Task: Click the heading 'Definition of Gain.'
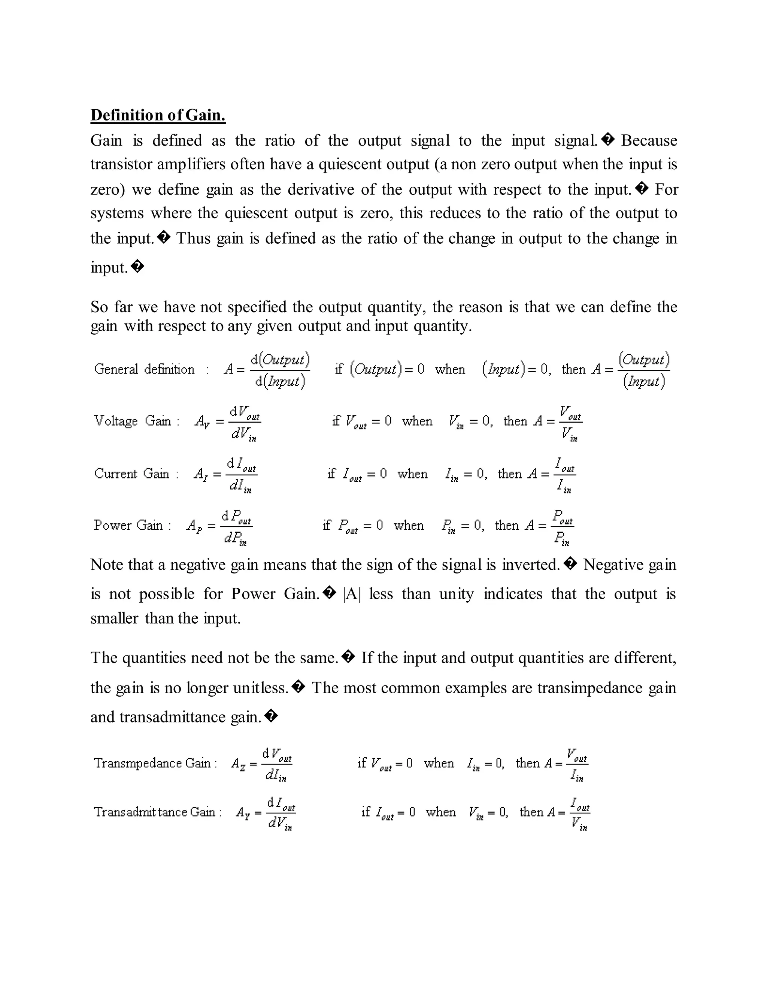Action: click(158, 115)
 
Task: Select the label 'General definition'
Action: click(144, 369)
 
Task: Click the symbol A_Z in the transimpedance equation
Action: click(238, 764)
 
